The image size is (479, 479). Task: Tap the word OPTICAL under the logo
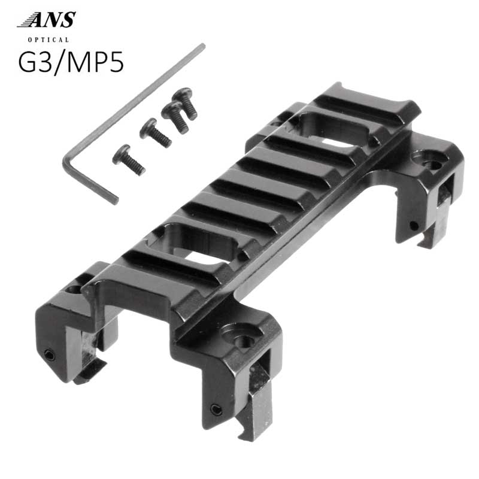point(47,40)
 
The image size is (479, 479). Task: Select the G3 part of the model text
point(34,62)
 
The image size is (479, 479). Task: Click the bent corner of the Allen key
point(66,162)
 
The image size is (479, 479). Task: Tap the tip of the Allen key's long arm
point(202,46)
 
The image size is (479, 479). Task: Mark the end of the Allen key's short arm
point(114,200)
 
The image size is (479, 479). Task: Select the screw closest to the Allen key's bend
point(128,159)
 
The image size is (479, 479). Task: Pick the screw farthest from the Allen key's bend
point(184,102)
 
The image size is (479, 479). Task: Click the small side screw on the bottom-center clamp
point(215,410)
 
